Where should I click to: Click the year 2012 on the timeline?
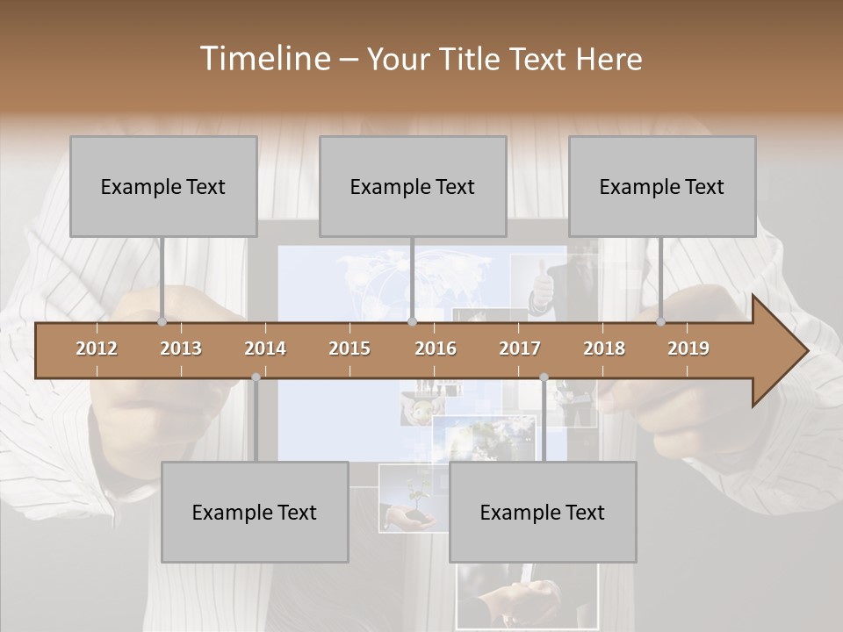coord(97,348)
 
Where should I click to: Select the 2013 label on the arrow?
coord(181,348)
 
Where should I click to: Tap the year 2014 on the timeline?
coord(265,348)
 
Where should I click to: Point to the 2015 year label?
coord(349,348)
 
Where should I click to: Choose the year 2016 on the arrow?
coord(436,348)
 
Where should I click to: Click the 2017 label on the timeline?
coord(520,348)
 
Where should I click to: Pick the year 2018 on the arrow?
coord(604,348)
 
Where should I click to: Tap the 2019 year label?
coord(688,348)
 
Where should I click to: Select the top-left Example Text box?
coord(163,186)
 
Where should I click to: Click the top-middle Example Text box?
coord(413,186)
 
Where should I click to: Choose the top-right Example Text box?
coord(662,186)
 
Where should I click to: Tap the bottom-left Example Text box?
coord(255,512)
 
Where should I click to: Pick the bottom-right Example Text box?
coord(543,512)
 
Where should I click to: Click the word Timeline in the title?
coord(263,59)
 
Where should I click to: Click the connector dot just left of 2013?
coord(162,321)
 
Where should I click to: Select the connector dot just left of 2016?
coord(413,321)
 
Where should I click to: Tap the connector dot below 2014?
coord(256,377)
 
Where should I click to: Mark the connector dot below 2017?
coord(544,377)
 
